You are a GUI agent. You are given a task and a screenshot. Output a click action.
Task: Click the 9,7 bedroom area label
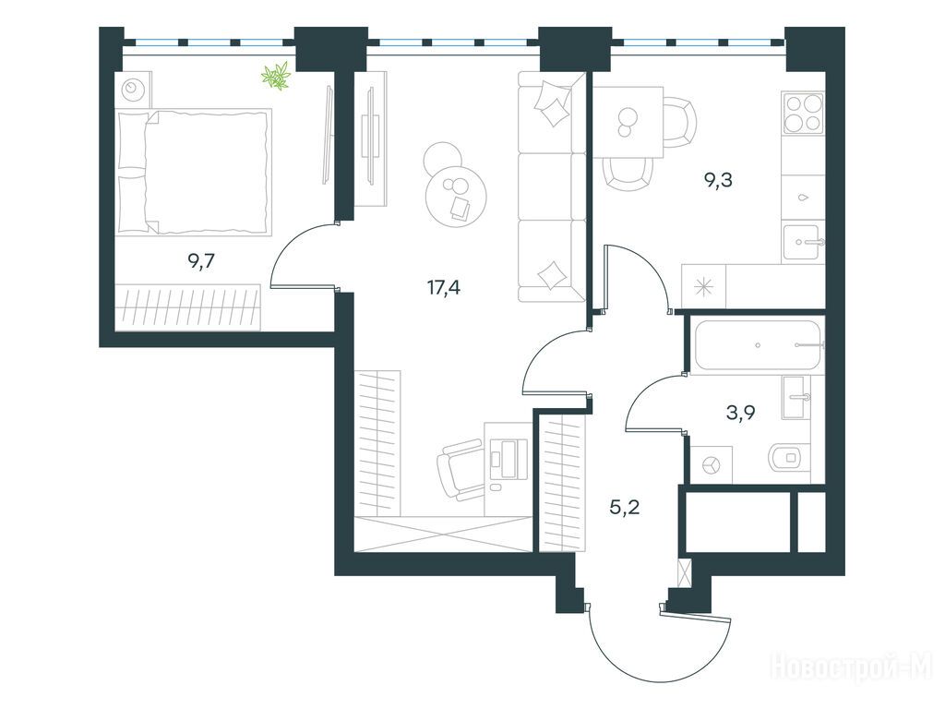[202, 261]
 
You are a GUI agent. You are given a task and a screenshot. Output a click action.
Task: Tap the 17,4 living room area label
[444, 288]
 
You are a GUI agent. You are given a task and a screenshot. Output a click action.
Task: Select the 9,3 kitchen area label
[718, 180]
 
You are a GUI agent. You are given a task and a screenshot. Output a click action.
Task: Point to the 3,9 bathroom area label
[741, 413]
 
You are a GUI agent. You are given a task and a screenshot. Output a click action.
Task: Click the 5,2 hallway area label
[625, 508]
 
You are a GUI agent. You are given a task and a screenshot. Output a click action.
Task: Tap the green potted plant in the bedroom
[276, 76]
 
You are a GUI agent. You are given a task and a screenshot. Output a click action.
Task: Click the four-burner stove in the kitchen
[803, 113]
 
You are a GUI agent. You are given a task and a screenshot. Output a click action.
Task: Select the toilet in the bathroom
[789, 458]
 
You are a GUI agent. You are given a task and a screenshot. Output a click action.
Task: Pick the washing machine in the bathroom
[712, 464]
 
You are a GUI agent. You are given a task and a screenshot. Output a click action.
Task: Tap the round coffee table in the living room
[456, 196]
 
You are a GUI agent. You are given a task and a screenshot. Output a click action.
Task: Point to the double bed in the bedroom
[194, 171]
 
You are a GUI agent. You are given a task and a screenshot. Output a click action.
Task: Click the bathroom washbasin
[796, 397]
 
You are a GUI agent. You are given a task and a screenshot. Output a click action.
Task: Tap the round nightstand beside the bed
[132, 90]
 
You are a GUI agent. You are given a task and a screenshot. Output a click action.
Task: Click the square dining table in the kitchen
[628, 122]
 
